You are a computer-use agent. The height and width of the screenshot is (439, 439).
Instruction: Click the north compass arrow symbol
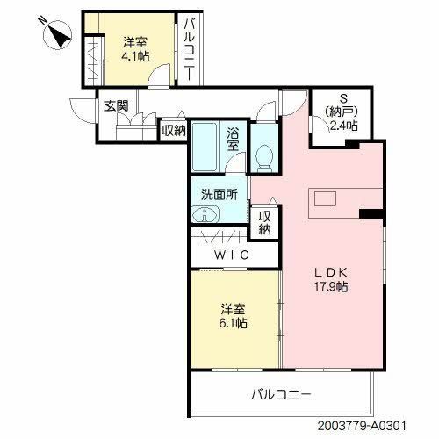coord(58,34)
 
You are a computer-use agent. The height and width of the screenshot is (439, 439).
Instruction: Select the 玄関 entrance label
coord(116,106)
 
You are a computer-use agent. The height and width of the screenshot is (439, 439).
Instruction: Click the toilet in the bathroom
coord(263,157)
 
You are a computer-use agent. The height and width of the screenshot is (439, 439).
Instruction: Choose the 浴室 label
coord(234,140)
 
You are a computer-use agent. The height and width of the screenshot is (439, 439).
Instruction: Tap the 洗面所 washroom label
coord(219,195)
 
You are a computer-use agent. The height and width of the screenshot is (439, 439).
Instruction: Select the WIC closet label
coord(233,255)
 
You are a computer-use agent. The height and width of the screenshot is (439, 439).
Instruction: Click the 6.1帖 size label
coord(232,323)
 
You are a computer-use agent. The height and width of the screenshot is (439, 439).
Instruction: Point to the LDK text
coord(334,272)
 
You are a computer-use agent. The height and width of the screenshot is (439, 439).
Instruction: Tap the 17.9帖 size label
coord(334,287)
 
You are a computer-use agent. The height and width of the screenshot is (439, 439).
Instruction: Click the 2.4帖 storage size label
coord(342,126)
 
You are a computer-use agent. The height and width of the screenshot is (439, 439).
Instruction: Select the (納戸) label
coord(342,112)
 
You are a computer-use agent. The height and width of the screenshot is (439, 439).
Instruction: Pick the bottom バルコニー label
coord(280,395)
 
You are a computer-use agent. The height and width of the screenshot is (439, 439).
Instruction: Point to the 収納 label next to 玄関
coord(173,131)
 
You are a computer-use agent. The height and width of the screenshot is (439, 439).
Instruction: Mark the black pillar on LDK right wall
coord(372,212)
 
